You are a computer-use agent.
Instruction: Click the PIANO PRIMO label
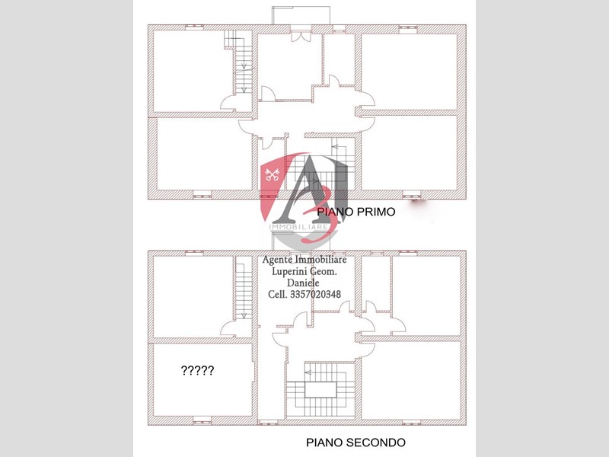click(356, 213)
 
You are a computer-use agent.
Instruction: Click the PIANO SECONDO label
click(356, 442)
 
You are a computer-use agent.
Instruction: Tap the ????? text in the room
click(197, 371)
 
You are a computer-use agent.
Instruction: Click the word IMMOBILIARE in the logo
click(299, 226)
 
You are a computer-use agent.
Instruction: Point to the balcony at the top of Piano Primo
click(303, 16)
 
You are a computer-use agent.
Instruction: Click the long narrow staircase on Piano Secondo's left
click(243, 289)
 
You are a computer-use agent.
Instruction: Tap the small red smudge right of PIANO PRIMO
click(417, 202)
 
